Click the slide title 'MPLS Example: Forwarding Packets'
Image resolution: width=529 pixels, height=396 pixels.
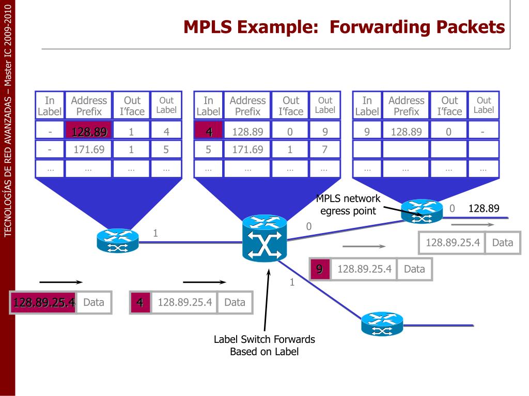(344, 27)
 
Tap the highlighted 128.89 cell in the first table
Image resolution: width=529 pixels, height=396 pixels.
(89, 132)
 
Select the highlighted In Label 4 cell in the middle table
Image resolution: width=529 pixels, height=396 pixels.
(209, 132)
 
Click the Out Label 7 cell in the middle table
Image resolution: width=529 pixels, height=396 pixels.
(324, 150)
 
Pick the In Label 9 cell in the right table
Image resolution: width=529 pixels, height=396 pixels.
(367, 132)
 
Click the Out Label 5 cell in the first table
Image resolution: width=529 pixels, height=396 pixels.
(166, 150)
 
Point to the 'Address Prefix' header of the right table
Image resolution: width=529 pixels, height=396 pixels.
(406, 106)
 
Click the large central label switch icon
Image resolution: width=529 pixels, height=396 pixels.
(264, 239)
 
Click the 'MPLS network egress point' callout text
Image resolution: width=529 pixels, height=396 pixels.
(348, 205)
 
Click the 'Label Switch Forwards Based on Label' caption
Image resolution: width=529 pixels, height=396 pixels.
(264, 345)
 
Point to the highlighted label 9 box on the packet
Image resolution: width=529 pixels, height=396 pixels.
(320, 269)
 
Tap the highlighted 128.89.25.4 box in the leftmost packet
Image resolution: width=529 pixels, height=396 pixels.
(44, 303)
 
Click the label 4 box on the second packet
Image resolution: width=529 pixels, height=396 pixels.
(139, 303)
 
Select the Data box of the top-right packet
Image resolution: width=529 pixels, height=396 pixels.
(502, 242)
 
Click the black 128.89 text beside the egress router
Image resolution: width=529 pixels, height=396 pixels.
(484, 208)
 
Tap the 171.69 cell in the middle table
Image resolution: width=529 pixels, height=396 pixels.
(248, 150)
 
